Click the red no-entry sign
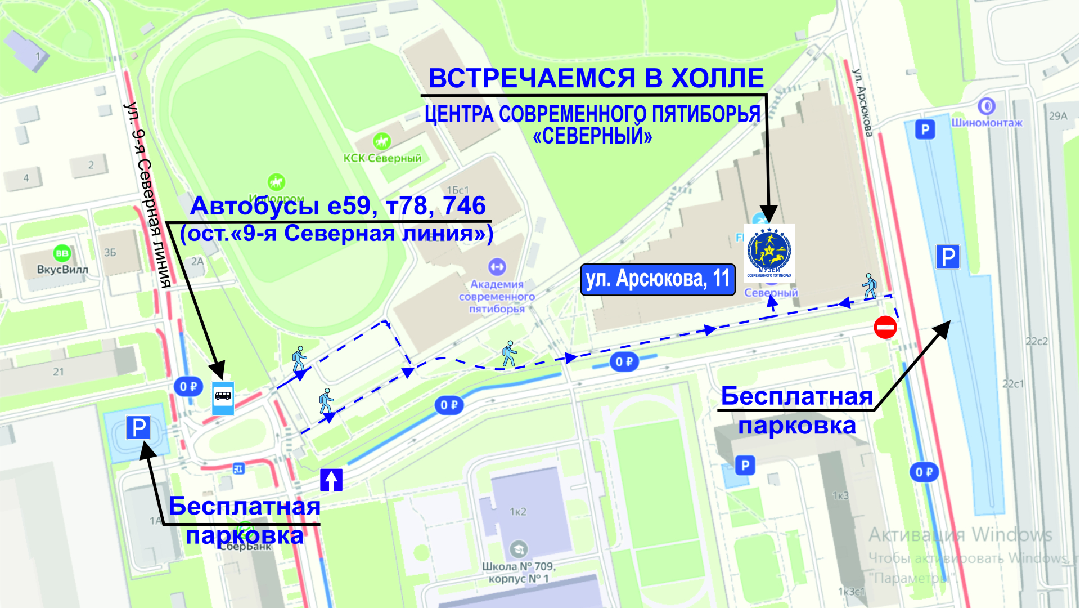(x=885, y=327)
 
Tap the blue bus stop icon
(x=223, y=397)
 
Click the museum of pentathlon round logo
(x=769, y=253)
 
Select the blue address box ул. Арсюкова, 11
(x=658, y=279)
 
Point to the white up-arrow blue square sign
(x=331, y=480)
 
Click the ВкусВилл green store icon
(x=62, y=253)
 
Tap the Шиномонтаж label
(x=987, y=123)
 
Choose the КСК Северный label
(x=382, y=158)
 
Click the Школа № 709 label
(x=519, y=566)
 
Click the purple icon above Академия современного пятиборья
(x=497, y=266)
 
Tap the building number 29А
(x=1057, y=116)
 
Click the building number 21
(x=58, y=372)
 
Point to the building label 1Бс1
(x=457, y=190)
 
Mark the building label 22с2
(x=1036, y=341)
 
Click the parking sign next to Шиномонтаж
(x=925, y=130)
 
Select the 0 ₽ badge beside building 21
(x=188, y=387)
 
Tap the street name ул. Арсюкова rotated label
(x=862, y=102)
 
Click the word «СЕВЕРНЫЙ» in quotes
(x=592, y=136)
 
